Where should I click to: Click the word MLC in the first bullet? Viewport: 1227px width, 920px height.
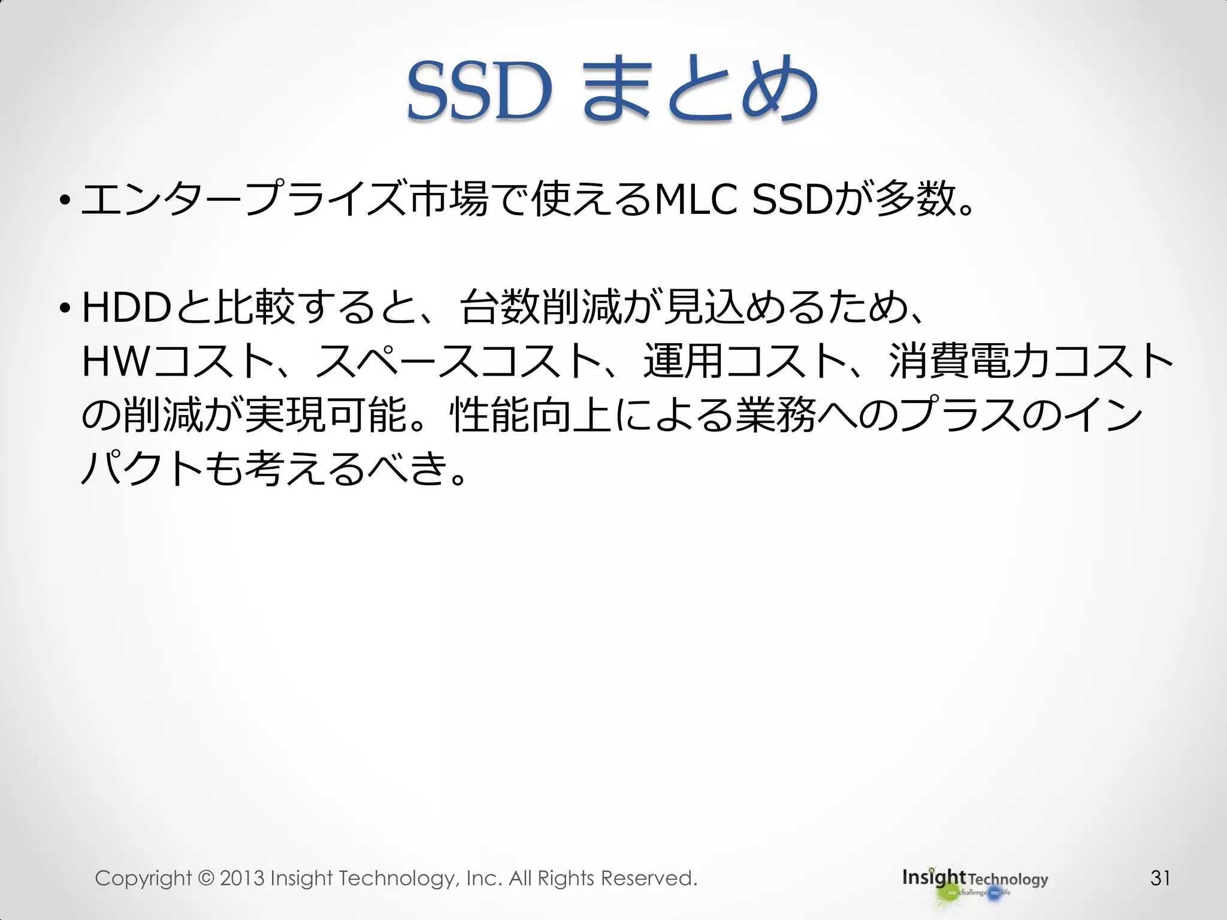[x=696, y=199]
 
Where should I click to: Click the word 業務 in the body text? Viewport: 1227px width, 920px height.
[x=776, y=414]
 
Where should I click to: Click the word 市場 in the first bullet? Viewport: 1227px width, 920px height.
[x=449, y=199]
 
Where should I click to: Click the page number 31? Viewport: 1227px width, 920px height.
[x=1160, y=878]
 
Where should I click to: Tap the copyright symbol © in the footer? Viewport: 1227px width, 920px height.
[x=205, y=878]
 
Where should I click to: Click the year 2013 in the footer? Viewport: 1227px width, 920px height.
[x=242, y=878]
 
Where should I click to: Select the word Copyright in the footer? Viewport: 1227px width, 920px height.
[x=143, y=879]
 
